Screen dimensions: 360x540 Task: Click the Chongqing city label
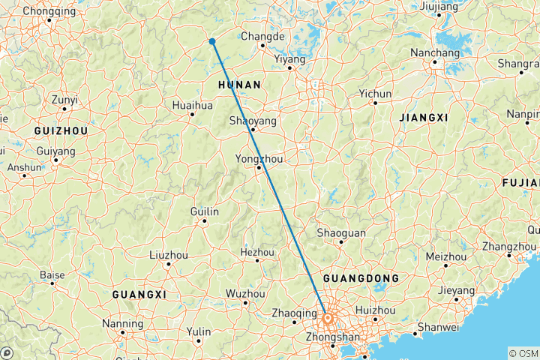click(49, 11)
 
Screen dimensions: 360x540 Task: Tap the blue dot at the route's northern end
click(213, 41)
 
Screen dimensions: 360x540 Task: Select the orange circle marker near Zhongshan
click(328, 318)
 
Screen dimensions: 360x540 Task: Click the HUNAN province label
click(238, 85)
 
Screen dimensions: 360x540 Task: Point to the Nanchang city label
click(435, 53)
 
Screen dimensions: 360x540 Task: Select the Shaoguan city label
click(341, 233)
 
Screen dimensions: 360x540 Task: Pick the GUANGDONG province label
click(361, 278)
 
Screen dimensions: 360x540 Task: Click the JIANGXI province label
click(424, 118)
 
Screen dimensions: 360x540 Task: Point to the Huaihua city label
click(192, 106)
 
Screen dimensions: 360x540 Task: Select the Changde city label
click(262, 37)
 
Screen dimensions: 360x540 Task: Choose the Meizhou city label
click(445, 256)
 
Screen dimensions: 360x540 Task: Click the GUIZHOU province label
click(61, 130)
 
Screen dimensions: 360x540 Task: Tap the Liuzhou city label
click(169, 255)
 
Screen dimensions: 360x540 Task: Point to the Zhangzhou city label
click(509, 247)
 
